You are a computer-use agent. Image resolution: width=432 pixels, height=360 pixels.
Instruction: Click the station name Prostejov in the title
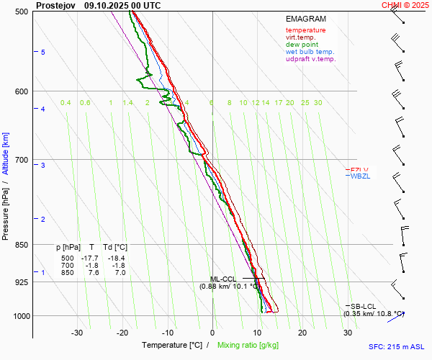[55, 5]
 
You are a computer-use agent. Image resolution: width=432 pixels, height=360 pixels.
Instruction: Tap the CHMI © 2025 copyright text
[405, 5]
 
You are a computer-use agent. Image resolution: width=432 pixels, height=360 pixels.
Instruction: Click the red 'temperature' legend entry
[305, 30]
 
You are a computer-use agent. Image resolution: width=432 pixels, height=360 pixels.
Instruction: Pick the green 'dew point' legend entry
[302, 45]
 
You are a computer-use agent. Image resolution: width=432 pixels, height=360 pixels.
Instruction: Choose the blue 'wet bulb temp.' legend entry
[310, 52]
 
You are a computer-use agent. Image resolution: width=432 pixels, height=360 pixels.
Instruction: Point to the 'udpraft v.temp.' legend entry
[310, 59]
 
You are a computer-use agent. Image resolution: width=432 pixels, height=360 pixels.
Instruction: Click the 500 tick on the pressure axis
[22, 12]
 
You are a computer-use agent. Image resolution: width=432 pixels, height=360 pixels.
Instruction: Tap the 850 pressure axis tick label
[22, 245]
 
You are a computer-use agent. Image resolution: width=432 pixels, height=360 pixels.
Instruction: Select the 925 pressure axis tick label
[22, 282]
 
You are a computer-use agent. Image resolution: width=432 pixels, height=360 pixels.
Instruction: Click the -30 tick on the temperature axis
[77, 333]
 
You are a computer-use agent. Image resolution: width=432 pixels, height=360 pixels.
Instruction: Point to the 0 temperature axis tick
[212, 333]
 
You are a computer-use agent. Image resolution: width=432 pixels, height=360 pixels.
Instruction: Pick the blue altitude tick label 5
[43, 53]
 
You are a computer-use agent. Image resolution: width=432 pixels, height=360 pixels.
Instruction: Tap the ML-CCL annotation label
[223, 279]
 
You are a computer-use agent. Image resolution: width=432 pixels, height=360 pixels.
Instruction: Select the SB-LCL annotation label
[364, 307]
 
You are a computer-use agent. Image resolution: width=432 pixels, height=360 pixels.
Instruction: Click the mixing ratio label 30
[318, 103]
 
